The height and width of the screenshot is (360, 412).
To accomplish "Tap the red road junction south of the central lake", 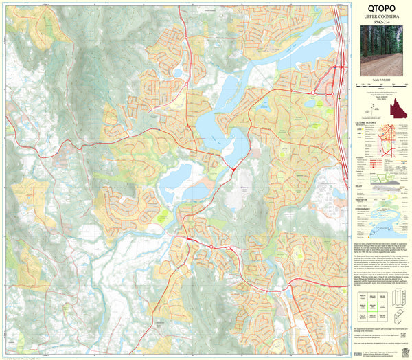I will (x=233, y=168).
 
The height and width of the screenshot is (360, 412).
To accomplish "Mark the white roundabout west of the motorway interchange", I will (x=312, y=91).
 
